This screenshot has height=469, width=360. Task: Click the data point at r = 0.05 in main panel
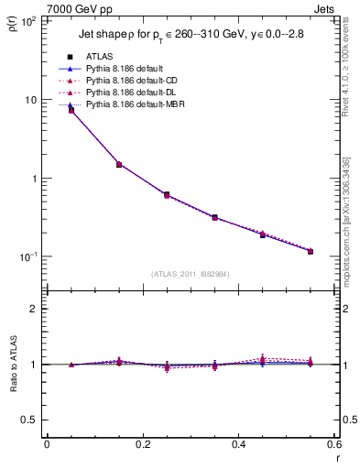click(x=71, y=110)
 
